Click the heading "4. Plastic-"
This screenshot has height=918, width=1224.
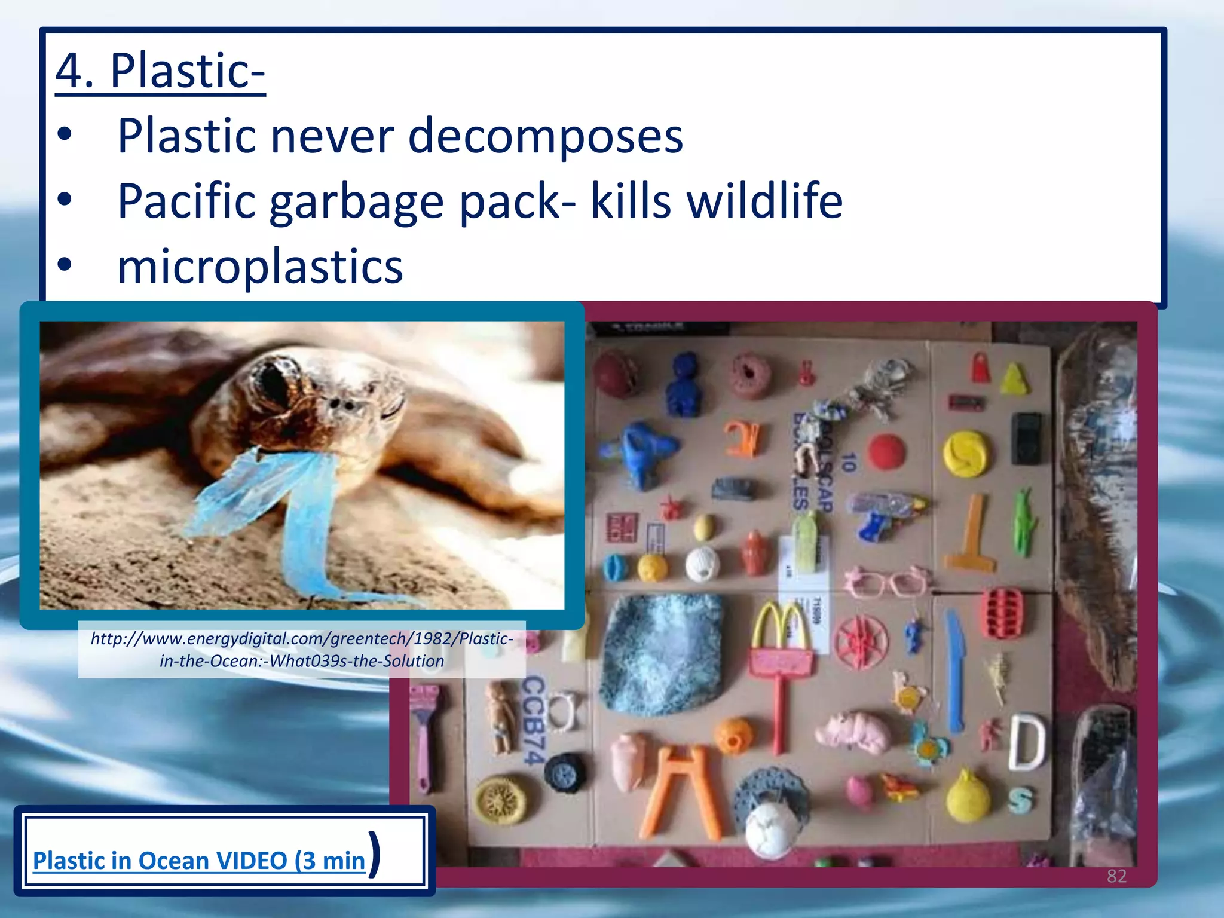(160, 71)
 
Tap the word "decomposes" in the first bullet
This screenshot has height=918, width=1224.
(545, 136)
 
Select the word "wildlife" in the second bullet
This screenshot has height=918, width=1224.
(764, 201)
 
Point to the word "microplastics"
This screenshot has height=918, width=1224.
(260, 266)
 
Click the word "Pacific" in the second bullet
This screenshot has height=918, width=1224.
(186, 201)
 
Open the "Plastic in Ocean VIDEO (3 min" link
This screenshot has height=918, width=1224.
(198, 861)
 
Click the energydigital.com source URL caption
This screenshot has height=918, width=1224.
(302, 650)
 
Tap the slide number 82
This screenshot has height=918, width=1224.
(1116, 876)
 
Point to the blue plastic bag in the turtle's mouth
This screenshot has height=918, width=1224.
(281, 502)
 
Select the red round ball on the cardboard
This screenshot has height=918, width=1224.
(887, 451)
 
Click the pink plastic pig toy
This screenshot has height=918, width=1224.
(855, 732)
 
